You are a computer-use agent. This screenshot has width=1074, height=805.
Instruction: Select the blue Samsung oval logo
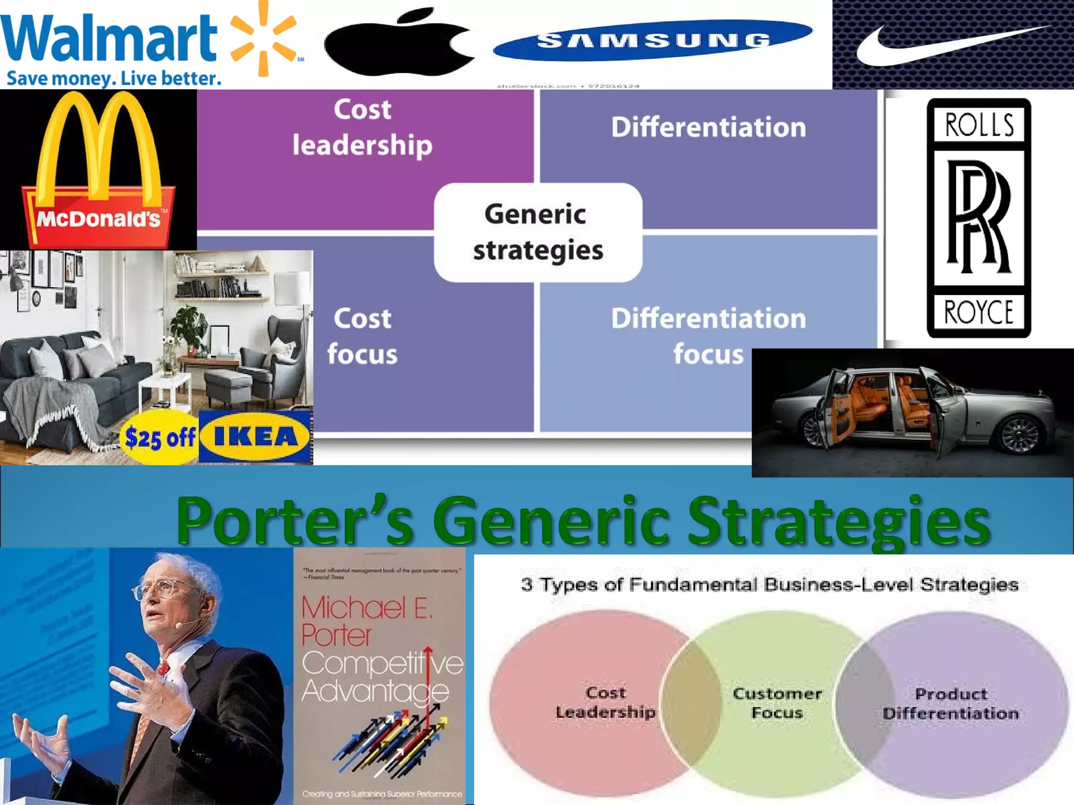[x=653, y=40]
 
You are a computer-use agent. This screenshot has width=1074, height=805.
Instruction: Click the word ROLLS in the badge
[x=979, y=125]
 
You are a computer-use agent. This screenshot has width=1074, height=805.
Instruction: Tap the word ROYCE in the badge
[x=979, y=312]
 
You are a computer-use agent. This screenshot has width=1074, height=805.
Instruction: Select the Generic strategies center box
[x=538, y=232]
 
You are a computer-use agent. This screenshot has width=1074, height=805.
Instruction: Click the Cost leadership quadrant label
[x=362, y=127]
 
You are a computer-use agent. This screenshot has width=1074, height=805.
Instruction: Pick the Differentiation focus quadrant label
[x=708, y=336]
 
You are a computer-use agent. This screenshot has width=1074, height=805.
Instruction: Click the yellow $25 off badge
[x=159, y=437]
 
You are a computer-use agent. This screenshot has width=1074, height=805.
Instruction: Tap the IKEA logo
[x=255, y=436]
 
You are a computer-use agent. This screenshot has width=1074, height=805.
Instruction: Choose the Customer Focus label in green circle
[x=777, y=703]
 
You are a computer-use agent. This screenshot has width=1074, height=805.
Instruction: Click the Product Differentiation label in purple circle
[x=951, y=703]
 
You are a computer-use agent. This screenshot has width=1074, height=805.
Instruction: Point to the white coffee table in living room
[x=166, y=385]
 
